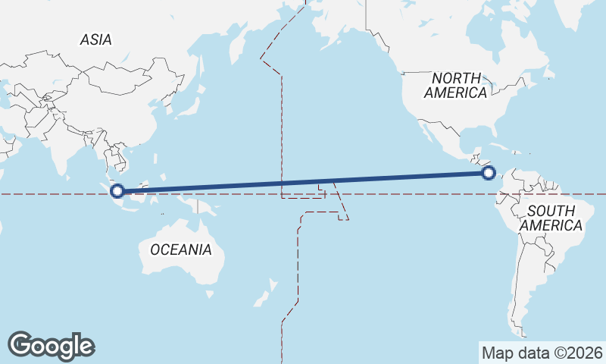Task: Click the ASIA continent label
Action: pos(95,39)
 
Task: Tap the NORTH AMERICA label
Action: pos(455,85)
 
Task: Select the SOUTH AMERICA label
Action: pos(555,218)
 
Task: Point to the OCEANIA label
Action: pos(180,249)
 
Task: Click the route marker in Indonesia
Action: pos(117,190)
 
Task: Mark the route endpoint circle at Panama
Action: pos(489,173)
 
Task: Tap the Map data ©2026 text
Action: pos(542,353)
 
